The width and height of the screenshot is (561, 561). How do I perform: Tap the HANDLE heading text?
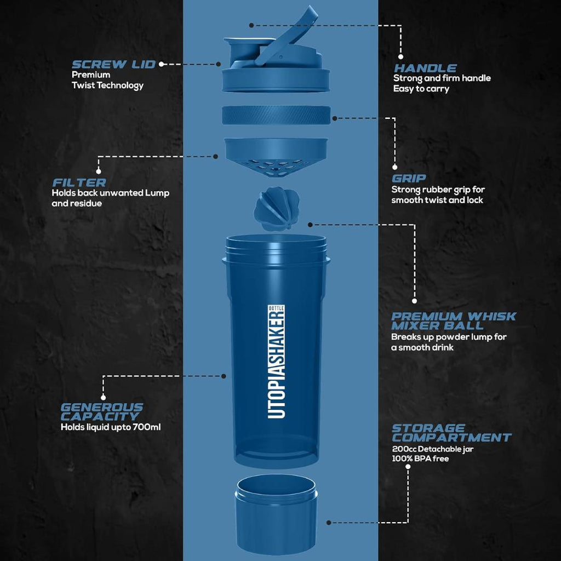[x=425, y=68]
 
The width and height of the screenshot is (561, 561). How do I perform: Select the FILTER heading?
[x=79, y=182]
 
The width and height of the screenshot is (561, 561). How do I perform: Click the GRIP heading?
[x=409, y=179]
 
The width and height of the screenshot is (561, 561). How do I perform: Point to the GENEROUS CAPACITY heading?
[x=101, y=412]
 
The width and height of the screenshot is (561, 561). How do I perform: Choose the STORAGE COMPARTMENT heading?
[x=451, y=433]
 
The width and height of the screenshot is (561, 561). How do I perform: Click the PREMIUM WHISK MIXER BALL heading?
[x=454, y=320]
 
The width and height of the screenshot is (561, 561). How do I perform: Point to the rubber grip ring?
[x=277, y=116]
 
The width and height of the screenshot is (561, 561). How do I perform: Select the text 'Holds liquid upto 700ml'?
[x=110, y=427]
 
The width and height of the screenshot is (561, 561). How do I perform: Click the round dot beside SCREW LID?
[x=162, y=64]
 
